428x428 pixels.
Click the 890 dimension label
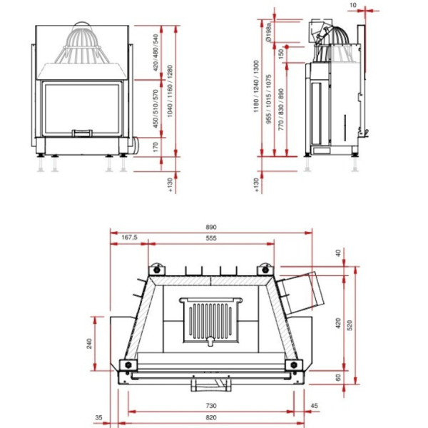click(212, 227)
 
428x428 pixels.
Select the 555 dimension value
click(212, 239)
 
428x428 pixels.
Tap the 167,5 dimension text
click(129, 238)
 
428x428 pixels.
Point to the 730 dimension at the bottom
click(212, 405)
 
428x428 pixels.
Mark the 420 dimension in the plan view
click(338, 322)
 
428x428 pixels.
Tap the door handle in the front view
click(83, 132)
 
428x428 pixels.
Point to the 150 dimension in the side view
click(281, 53)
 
